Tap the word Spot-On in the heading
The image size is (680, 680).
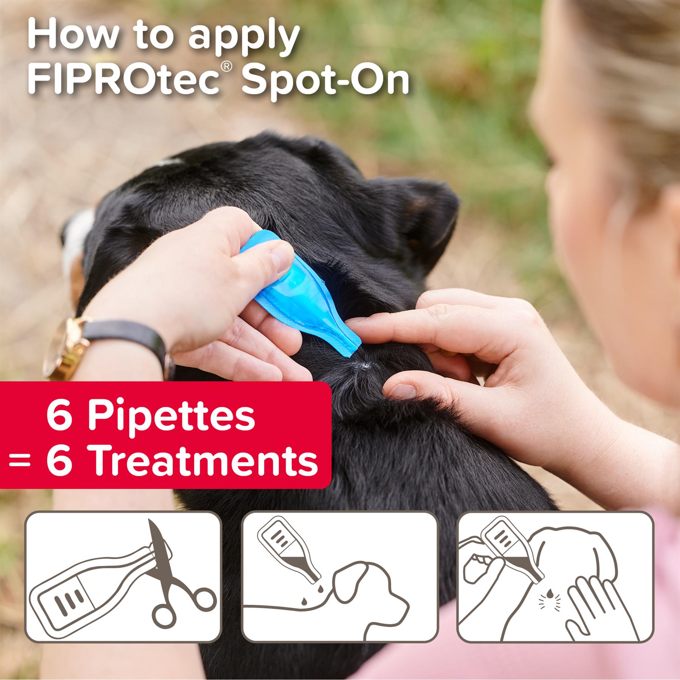pyautogui.click(x=325, y=80)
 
